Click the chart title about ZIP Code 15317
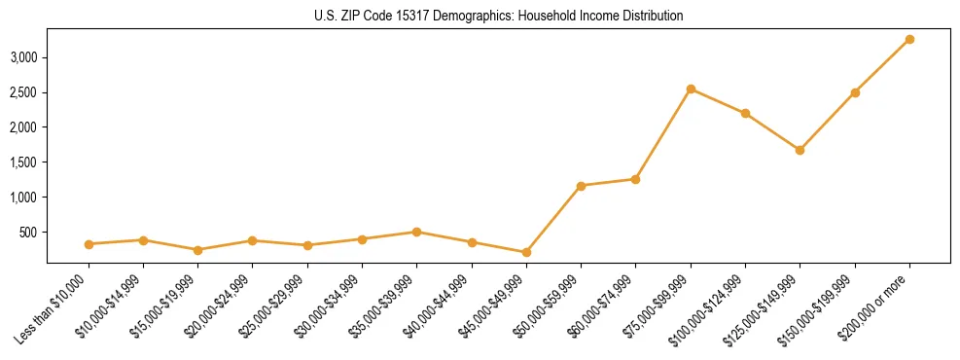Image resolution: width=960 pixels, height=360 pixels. (480, 17)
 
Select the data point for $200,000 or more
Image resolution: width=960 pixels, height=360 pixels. (909, 39)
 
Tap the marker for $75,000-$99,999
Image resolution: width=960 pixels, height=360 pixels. (691, 89)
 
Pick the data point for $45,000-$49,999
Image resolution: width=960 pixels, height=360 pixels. (526, 252)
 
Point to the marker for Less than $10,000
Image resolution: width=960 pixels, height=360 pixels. (89, 244)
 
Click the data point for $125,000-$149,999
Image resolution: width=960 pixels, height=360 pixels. (800, 150)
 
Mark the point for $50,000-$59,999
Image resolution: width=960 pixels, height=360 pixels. (581, 186)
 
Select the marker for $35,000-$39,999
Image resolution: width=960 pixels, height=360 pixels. (416, 232)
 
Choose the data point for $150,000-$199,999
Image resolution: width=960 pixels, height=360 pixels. (855, 92)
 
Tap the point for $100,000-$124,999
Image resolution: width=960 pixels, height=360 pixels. (745, 113)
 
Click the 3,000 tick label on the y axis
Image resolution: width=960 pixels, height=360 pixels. (23, 57)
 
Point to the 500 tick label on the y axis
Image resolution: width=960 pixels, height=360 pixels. (28, 233)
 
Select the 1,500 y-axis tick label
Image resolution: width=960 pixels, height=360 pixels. (23, 162)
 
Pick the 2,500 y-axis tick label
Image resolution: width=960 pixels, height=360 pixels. (23, 92)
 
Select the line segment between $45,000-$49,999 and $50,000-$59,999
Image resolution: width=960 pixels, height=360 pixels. (553, 219)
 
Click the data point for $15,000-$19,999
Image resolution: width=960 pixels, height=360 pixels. (198, 250)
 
